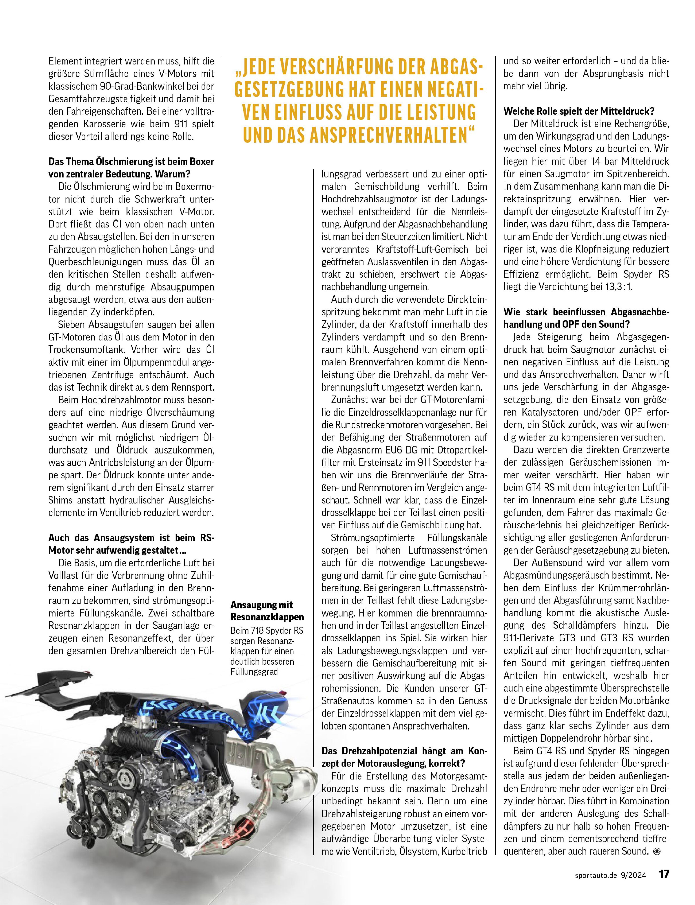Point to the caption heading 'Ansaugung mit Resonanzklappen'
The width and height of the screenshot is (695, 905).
click(x=267, y=611)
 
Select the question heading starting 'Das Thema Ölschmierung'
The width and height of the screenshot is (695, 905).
click(x=131, y=167)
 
